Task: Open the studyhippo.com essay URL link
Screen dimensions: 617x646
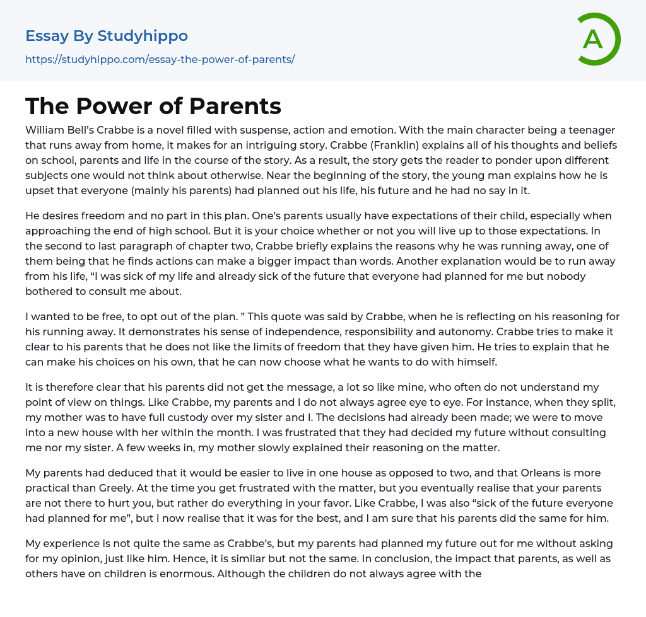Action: pyautogui.click(x=160, y=59)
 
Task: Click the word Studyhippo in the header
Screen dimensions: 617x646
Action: pyautogui.click(x=143, y=36)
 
